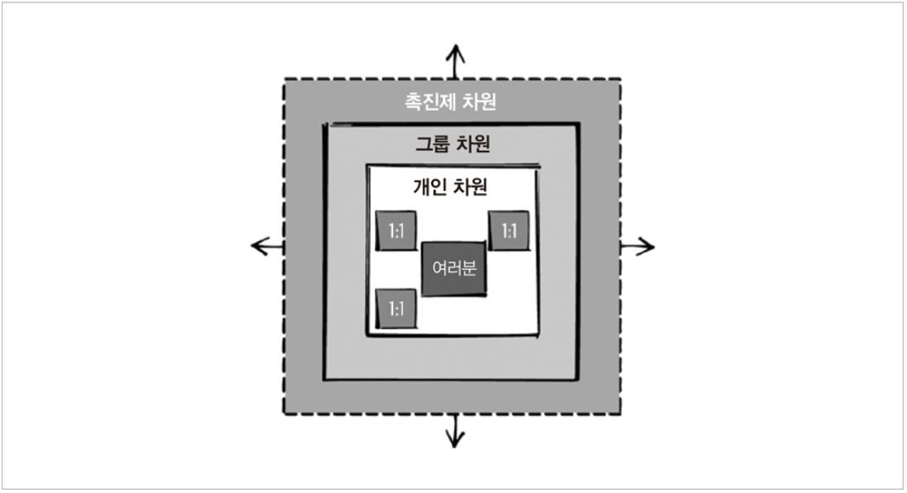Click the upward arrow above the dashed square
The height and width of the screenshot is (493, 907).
pyautogui.click(x=454, y=61)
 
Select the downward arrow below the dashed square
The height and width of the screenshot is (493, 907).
pyautogui.click(x=454, y=430)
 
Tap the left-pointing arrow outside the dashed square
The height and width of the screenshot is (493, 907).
pyautogui.click(x=266, y=246)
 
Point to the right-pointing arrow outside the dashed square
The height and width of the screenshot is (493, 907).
pyautogui.click(x=637, y=246)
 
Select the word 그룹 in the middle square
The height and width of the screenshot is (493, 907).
pyautogui.click(x=431, y=144)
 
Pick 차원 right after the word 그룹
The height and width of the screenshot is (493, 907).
pyautogui.click(x=473, y=144)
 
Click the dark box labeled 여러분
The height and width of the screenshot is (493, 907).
pyautogui.click(x=453, y=269)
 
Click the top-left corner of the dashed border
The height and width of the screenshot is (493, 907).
pyautogui.click(x=284, y=79)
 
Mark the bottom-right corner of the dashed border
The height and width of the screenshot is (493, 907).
pyautogui.click(x=621, y=414)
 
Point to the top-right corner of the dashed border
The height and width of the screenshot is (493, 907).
pyautogui.click(x=621, y=79)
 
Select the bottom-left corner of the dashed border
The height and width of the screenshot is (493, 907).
pyautogui.click(x=284, y=414)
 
